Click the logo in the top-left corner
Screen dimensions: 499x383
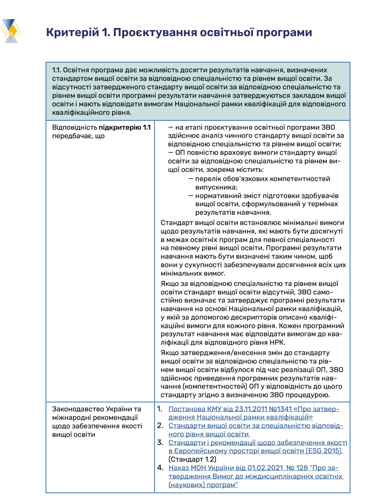tap(11, 31)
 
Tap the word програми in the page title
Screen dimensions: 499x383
tap(284, 33)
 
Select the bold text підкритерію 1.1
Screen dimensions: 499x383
tap(124, 128)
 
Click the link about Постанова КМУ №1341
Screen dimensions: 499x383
tap(254, 413)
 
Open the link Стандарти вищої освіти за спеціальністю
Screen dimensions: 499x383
tap(255, 430)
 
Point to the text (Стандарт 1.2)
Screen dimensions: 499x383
tap(192, 460)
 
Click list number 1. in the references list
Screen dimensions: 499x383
tap(160, 409)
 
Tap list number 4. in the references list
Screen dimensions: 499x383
tap(160, 468)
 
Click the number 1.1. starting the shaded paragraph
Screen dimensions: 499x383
tap(56, 70)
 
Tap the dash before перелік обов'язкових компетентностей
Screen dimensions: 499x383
tap(191, 179)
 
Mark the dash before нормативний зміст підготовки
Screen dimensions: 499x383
tap(191, 196)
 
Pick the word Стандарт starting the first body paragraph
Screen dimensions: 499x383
tap(177, 223)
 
